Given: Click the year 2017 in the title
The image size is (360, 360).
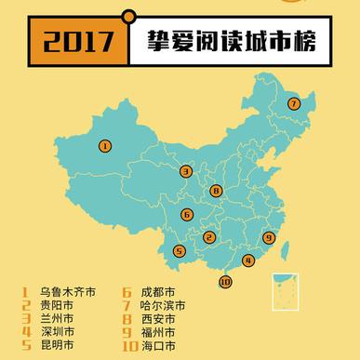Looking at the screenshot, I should coord(73,42).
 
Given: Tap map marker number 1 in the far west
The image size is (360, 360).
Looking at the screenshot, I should coord(105,145).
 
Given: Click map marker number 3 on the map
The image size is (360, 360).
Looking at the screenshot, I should coord(187,171).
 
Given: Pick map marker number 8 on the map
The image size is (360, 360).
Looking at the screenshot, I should coord(216,192).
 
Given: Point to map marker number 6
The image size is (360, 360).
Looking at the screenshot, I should coord(187,215).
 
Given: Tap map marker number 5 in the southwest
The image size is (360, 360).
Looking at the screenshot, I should coord(180,249).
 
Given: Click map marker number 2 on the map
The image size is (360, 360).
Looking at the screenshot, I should coord(210,237).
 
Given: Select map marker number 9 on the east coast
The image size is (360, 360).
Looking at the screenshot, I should coord(269,237).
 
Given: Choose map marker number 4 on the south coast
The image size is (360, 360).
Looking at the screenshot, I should coord(247,260).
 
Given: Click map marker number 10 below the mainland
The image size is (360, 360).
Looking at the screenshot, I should coord(224,282).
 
